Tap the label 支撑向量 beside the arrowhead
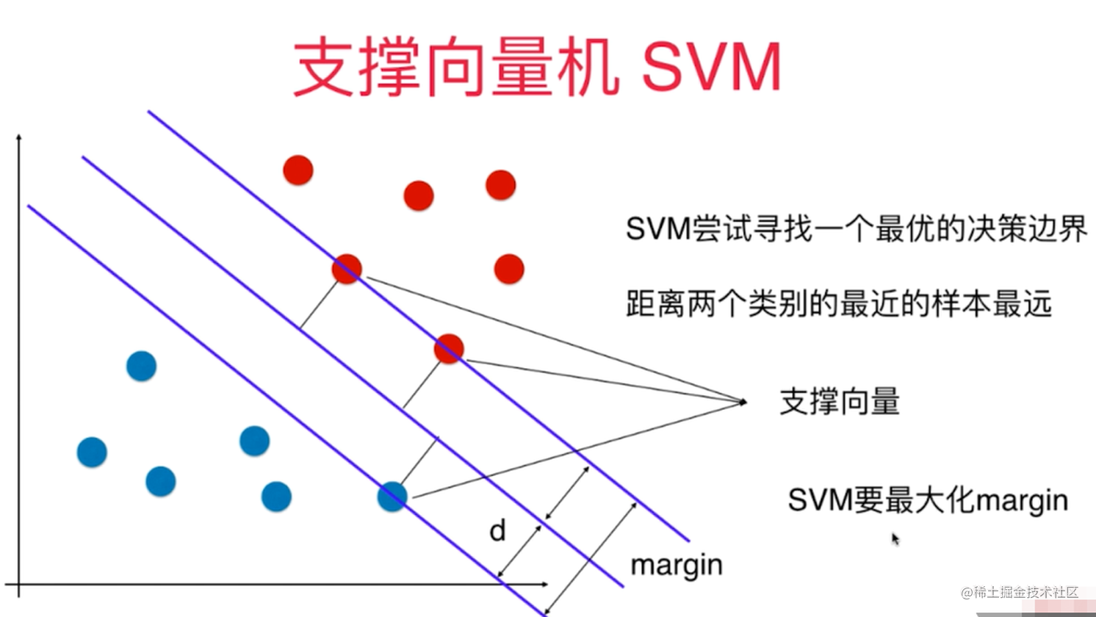pyautogui.click(x=840, y=402)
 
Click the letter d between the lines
pyautogui.click(x=498, y=530)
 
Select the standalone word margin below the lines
pyautogui.click(x=677, y=565)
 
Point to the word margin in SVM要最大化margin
pyautogui.click(x=1022, y=501)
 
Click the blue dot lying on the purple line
pyautogui.click(x=392, y=497)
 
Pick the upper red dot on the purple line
pyautogui.click(x=347, y=270)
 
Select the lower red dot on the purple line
pyautogui.click(x=449, y=349)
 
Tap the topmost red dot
pyautogui.click(x=298, y=170)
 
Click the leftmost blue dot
pyautogui.click(x=92, y=452)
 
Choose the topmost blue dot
pyautogui.click(x=141, y=366)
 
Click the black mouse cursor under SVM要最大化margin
pyautogui.click(x=895, y=539)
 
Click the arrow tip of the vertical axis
pyautogui.click(x=19, y=137)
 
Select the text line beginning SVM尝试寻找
pyautogui.click(x=856, y=229)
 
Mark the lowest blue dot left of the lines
pyautogui.click(x=276, y=497)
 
